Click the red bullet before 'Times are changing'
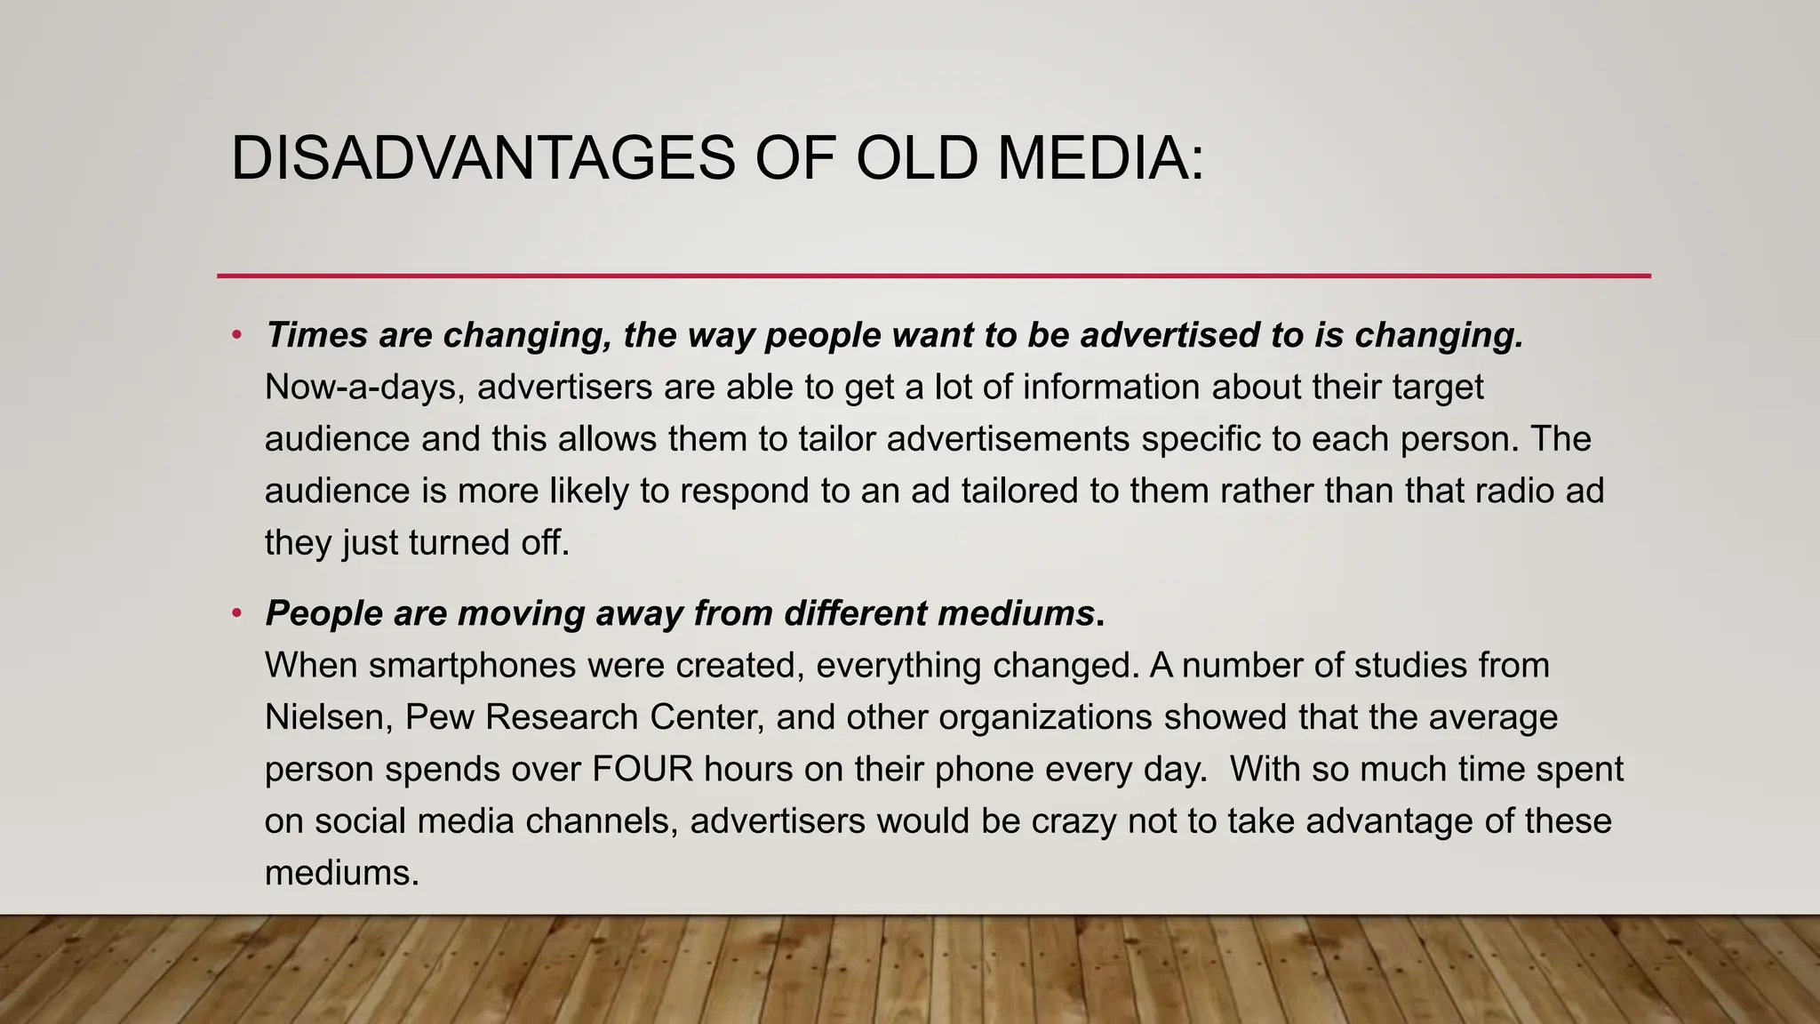pyautogui.click(x=236, y=336)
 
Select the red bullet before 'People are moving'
pyautogui.click(x=236, y=614)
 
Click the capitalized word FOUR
pyautogui.click(x=643, y=769)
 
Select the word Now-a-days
pyautogui.click(x=364, y=388)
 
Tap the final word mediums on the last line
pyautogui.click(x=341, y=873)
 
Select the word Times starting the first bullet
pyautogui.click(x=316, y=336)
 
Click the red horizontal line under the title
pyautogui.click(x=933, y=276)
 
